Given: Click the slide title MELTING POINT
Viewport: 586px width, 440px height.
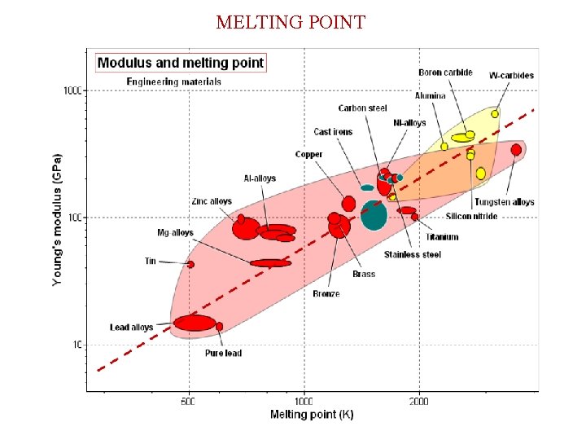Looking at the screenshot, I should [x=291, y=22].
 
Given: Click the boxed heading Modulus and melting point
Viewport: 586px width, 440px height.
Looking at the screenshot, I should [x=181, y=63].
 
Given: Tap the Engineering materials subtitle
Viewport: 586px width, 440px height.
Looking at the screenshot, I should [x=173, y=81].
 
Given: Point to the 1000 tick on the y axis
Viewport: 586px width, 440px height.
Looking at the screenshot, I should [x=72, y=90].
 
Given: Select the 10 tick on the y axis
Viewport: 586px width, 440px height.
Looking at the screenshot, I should [x=76, y=345].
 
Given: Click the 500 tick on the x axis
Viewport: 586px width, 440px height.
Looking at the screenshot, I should [x=189, y=401].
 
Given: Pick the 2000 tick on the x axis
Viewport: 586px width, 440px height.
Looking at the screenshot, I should [x=419, y=401].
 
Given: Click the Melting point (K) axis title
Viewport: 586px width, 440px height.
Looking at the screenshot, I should [x=312, y=415].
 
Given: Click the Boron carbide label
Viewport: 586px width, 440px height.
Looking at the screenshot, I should [x=445, y=73].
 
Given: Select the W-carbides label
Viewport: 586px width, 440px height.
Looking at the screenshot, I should [x=511, y=76].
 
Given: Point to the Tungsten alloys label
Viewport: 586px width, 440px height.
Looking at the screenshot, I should [x=504, y=202].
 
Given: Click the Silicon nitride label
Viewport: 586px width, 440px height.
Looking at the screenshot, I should [x=471, y=217].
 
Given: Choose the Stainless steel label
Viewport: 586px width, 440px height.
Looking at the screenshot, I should [x=413, y=254].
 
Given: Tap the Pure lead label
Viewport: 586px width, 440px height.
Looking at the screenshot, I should [x=223, y=354].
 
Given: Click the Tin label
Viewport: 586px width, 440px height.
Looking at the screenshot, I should [x=150, y=262].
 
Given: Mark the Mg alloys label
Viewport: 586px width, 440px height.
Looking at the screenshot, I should [x=175, y=233].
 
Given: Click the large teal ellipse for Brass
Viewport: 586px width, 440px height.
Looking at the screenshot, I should [x=374, y=214].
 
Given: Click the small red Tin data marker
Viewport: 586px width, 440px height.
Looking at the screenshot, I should [x=190, y=264].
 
